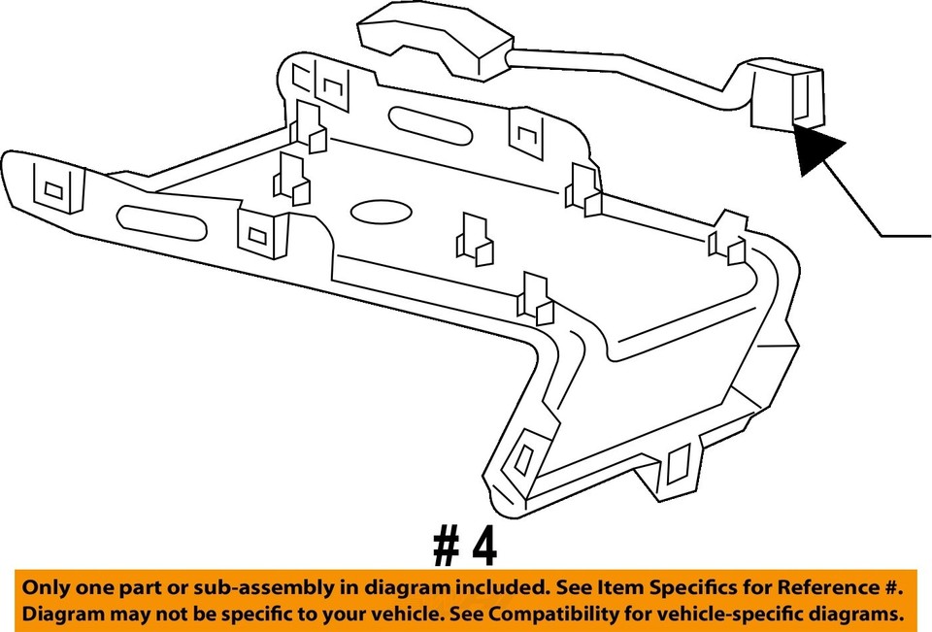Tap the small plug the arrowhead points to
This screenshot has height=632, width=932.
click(787, 93)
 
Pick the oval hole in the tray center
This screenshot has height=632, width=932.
click(381, 213)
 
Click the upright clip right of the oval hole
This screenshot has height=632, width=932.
click(474, 239)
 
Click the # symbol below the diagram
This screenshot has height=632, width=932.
click(448, 548)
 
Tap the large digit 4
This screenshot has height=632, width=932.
click(484, 548)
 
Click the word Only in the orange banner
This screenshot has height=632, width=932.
click(44, 587)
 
